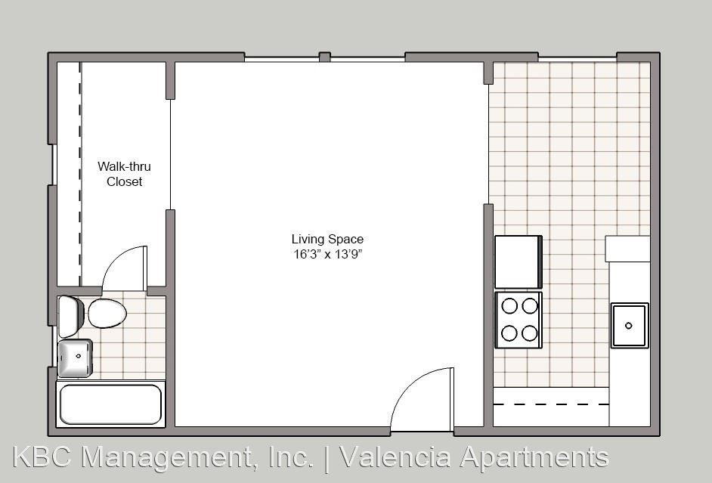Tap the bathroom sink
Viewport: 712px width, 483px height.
(x=76, y=358)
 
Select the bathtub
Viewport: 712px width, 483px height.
(x=110, y=404)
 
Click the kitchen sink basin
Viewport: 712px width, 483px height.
(x=630, y=326)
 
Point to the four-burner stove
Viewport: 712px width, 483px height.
(x=518, y=320)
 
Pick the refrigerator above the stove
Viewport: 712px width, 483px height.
(x=518, y=262)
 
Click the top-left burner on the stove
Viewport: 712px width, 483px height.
(x=509, y=306)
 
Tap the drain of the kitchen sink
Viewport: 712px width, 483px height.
(x=629, y=326)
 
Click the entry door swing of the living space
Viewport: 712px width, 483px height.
(x=411, y=383)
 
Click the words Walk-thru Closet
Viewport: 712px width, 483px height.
(x=124, y=174)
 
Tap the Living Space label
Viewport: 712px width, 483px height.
(x=327, y=239)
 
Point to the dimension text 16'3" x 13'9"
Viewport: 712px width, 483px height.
(x=327, y=254)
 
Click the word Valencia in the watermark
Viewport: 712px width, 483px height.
(x=395, y=457)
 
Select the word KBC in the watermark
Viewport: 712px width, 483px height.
(x=42, y=457)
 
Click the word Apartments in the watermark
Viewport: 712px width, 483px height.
(x=534, y=457)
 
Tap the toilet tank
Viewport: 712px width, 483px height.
(x=70, y=317)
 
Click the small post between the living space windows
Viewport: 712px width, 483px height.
(x=325, y=57)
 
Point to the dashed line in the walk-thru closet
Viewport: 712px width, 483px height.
(x=80, y=174)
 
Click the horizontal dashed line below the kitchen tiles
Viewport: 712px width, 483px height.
(x=551, y=404)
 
